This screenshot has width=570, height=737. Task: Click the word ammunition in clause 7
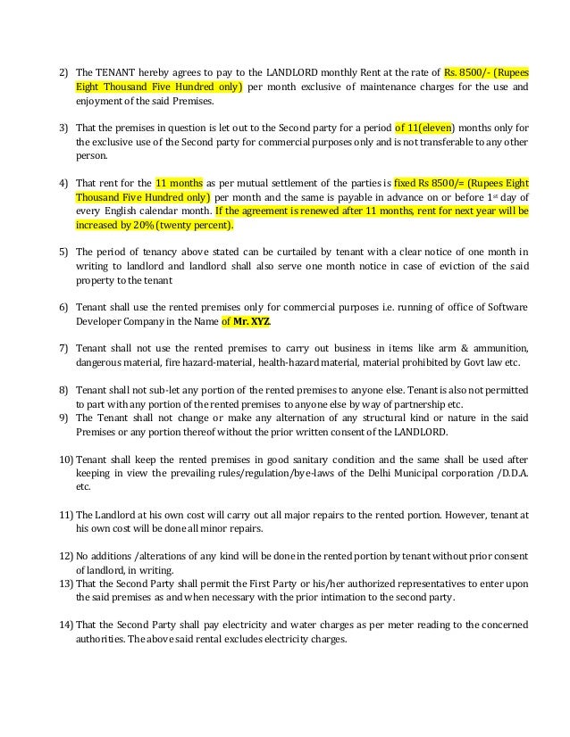(491, 347)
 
